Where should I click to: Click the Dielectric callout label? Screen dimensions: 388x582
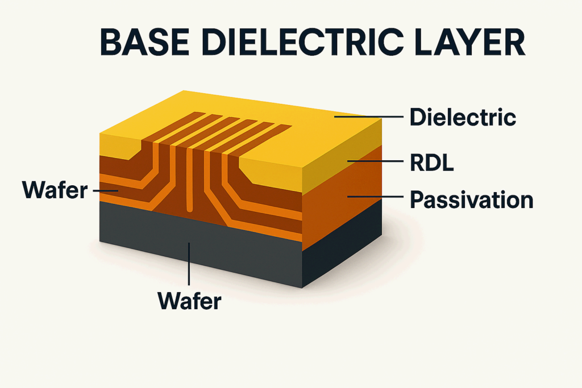point(463,118)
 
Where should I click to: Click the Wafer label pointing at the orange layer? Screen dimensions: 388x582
point(55,190)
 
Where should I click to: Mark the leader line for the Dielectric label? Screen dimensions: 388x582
point(369,118)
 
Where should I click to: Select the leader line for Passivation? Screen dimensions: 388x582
point(375,197)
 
